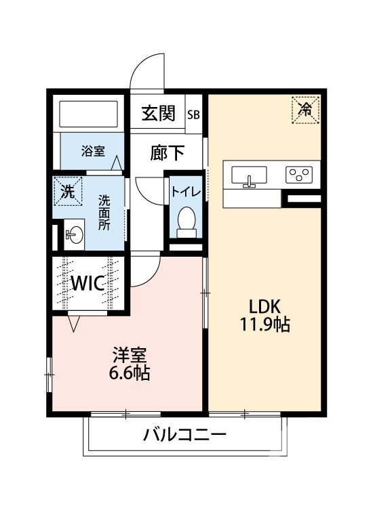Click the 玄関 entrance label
(158, 114)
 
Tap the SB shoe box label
(194, 114)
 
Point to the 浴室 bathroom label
(94, 150)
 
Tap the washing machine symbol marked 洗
(68, 191)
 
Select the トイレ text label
(185, 191)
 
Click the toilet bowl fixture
(185, 220)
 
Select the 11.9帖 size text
(264, 325)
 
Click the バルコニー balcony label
(184, 435)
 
